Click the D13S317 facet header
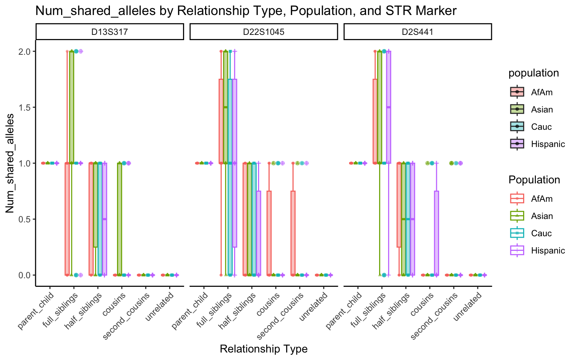click(x=109, y=32)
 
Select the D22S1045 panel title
click(x=264, y=32)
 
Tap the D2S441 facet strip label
click(x=417, y=32)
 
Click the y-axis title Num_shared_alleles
click(x=10, y=163)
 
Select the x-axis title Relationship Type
click(x=264, y=349)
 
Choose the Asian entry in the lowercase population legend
click(x=542, y=109)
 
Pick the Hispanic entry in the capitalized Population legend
click(x=548, y=250)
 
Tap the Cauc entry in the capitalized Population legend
click(x=541, y=233)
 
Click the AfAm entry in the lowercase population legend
click(x=542, y=92)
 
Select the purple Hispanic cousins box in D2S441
click(x=436, y=233)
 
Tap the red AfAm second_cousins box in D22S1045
click(x=293, y=233)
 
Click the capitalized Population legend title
click(x=534, y=180)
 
